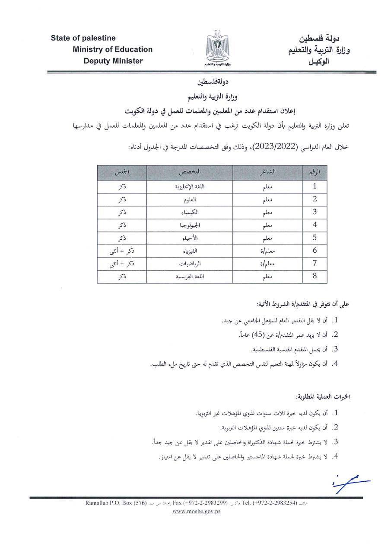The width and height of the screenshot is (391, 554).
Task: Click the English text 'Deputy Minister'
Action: [113, 61]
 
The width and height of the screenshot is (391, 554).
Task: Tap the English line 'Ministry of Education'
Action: [113, 49]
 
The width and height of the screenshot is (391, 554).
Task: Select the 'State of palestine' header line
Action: [83, 38]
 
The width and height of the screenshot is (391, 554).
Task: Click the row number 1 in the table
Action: [315, 186]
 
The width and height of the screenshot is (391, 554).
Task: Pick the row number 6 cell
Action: [315, 250]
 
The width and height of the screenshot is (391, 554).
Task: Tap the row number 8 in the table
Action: [315, 276]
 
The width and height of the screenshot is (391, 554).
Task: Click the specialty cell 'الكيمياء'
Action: [190, 212]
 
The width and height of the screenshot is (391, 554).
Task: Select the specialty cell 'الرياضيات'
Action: [190, 263]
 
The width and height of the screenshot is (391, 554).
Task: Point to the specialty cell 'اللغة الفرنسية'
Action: [190, 276]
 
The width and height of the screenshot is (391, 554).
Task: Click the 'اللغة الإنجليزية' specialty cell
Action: [190, 187]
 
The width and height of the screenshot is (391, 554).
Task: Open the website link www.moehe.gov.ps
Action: [197, 511]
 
